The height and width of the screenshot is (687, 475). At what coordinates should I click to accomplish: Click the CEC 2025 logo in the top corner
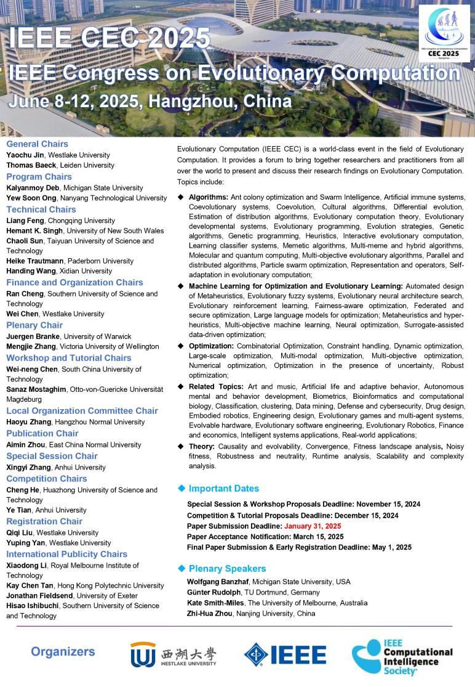click(x=445, y=35)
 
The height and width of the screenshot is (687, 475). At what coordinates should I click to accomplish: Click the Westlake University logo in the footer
click(x=173, y=654)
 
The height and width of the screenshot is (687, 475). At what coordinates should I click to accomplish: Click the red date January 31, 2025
click(x=312, y=526)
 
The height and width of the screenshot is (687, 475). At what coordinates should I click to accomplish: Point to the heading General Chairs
click(x=37, y=144)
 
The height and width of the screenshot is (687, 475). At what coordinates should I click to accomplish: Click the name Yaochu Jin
click(x=24, y=155)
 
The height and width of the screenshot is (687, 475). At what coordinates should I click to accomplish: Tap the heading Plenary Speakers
click(x=227, y=569)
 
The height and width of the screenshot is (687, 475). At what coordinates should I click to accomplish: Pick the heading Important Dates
click(x=223, y=489)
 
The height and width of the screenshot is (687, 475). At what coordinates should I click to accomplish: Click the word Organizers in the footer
click(x=63, y=652)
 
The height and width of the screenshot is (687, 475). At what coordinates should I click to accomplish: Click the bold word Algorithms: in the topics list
click(x=209, y=197)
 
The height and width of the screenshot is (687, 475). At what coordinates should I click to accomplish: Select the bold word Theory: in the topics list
click(x=201, y=445)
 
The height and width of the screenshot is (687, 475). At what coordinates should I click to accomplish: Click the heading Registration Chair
click(x=44, y=521)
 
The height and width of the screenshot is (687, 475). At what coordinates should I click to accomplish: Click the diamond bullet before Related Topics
click(x=180, y=387)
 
